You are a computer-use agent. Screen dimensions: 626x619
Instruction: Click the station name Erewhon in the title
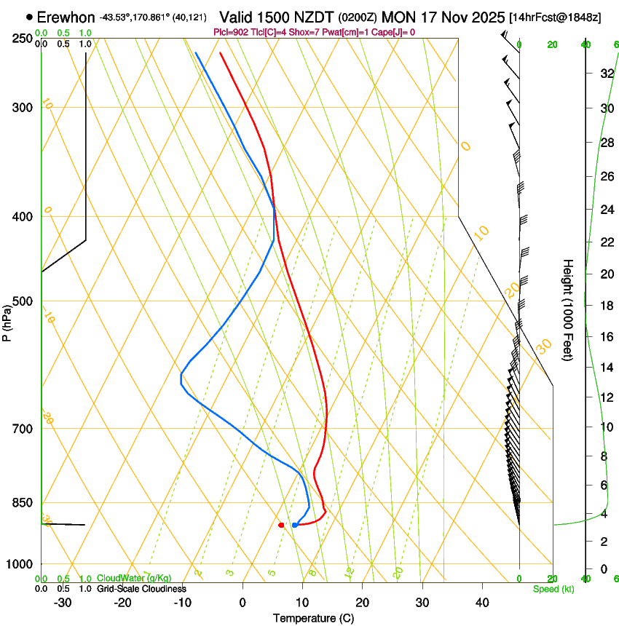pos(66,17)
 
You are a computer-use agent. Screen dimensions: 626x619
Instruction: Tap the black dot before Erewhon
pos(29,17)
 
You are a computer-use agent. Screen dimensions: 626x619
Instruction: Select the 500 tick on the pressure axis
pos(23,301)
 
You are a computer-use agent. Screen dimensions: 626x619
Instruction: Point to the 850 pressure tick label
pos(23,502)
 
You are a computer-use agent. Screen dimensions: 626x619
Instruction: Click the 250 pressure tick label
pos(23,39)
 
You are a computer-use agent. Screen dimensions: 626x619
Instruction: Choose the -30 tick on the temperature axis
pos(63,602)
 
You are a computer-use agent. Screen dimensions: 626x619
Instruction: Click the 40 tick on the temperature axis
pos(482,602)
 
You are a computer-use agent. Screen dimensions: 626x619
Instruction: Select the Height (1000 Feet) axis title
pos(568,309)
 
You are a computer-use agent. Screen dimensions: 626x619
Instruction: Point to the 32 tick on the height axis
pos(605,73)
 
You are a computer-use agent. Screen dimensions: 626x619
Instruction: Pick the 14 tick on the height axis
pos(605,367)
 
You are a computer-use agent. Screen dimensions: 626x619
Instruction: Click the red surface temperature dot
pos(281,525)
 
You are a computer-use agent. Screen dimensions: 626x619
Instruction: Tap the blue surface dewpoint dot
pos(294,525)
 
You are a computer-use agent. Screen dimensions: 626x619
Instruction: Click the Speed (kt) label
pos(553,589)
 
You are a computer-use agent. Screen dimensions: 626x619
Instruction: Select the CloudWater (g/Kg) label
pos(134,579)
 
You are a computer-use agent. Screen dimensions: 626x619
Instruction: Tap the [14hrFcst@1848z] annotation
pos(555,17)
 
